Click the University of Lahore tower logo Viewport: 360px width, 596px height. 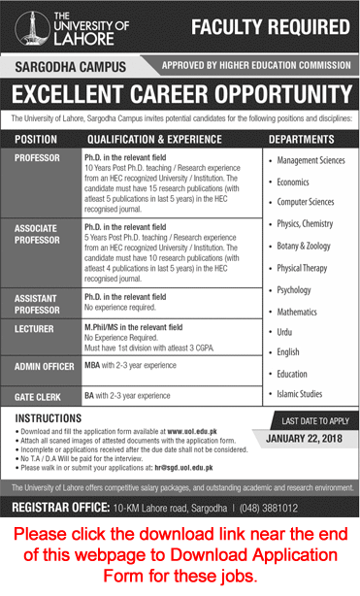tap(22, 28)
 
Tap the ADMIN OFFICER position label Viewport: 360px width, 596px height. tap(44, 367)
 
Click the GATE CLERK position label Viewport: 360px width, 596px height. tap(39, 396)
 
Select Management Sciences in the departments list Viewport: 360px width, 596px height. tap(311, 160)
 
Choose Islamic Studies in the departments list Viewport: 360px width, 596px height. tap(304, 394)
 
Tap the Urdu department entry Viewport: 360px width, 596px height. tap(287, 331)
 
